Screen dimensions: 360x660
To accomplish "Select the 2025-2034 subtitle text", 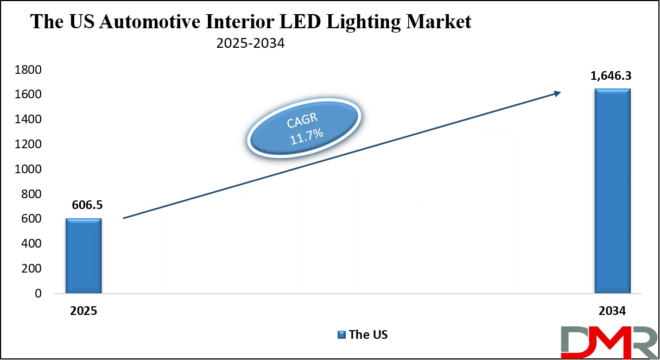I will (250, 44).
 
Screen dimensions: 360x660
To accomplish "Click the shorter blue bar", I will (84, 255).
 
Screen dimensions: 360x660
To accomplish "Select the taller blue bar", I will (613, 190).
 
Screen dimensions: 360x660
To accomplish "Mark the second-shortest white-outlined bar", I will (201, 244).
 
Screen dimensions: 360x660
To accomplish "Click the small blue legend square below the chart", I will (341, 334).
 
